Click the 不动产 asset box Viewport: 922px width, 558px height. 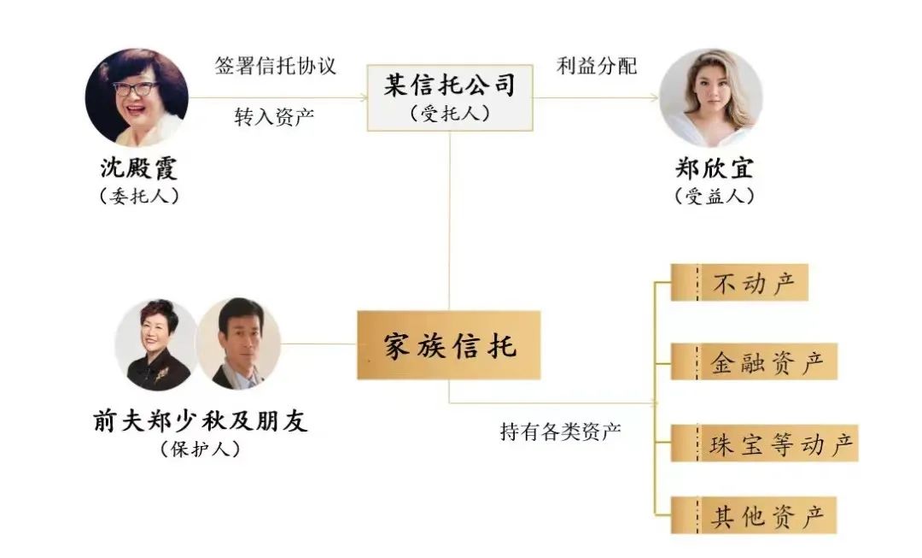pyautogui.click(x=739, y=282)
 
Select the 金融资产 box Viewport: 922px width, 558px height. pyautogui.click(x=753, y=361)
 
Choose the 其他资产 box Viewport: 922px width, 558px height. pyautogui.click(x=753, y=515)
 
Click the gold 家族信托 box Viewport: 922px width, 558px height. pyautogui.click(x=448, y=346)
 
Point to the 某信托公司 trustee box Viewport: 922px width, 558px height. pyautogui.click(x=449, y=97)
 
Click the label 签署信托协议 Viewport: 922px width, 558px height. pyautogui.click(x=275, y=66)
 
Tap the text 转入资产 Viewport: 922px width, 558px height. pyautogui.click(x=275, y=117)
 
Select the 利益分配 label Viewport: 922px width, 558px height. pyautogui.click(x=597, y=66)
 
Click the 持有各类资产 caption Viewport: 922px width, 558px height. pyautogui.click(x=560, y=431)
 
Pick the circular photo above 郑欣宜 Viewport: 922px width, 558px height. pyautogui.click(x=710, y=97)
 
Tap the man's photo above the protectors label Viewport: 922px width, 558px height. pyautogui.click(x=238, y=344)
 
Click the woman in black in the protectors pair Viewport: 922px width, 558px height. pyautogui.click(x=158, y=344)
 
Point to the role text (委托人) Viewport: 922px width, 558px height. pyautogui.click(x=137, y=196)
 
